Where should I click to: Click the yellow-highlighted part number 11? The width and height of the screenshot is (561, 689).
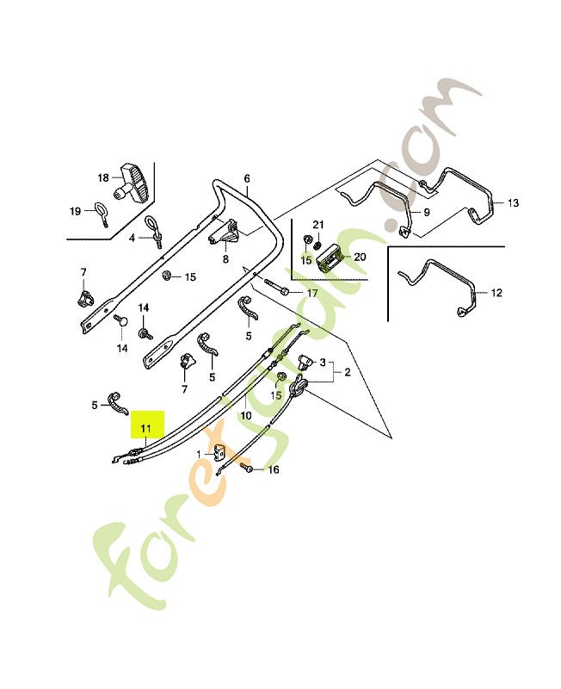click(x=145, y=427)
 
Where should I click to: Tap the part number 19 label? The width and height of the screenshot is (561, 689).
click(x=76, y=211)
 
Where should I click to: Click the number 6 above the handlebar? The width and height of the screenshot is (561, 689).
click(x=247, y=178)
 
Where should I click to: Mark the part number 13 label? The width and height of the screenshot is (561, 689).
click(x=513, y=203)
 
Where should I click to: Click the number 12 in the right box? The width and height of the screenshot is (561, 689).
click(x=496, y=293)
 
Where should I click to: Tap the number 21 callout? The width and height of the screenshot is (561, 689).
click(x=318, y=225)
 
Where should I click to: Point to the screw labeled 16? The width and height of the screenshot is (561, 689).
click(x=247, y=469)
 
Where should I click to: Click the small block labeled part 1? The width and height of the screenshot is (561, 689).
click(x=219, y=451)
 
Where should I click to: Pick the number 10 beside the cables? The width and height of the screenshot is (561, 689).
click(x=246, y=415)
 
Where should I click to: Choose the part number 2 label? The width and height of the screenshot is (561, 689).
click(x=348, y=373)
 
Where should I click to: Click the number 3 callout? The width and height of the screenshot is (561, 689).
click(x=323, y=363)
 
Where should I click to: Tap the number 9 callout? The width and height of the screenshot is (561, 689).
click(x=426, y=213)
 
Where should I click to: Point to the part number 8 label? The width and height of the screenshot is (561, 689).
click(x=225, y=259)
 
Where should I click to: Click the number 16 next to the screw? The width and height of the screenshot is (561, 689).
click(x=273, y=470)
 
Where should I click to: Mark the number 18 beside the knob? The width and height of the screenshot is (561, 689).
click(x=103, y=178)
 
